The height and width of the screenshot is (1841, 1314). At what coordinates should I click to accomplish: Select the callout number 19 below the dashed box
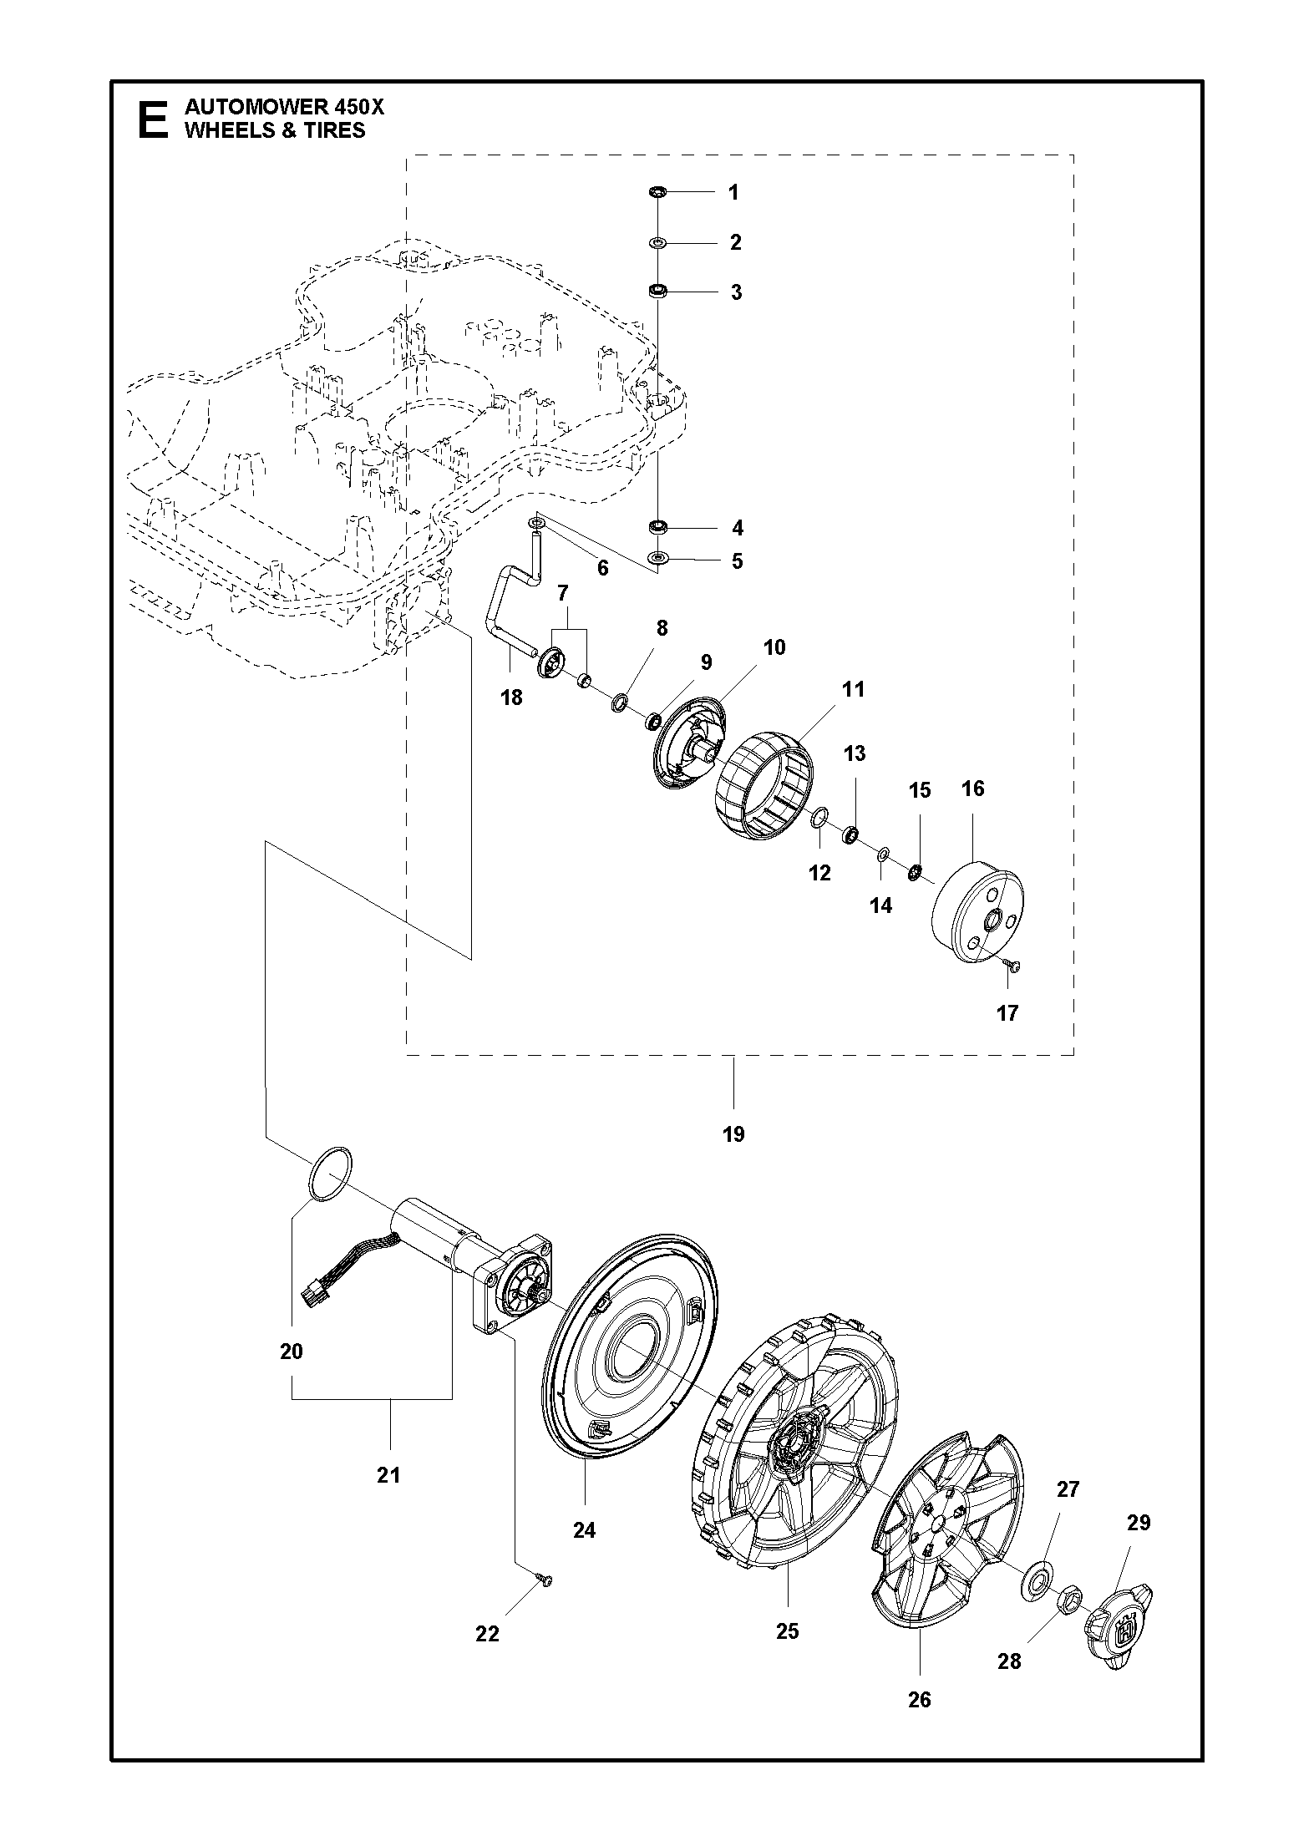[x=733, y=1134]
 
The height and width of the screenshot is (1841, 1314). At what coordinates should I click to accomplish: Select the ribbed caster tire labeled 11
[x=765, y=785]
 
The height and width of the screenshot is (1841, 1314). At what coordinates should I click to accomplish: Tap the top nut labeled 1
[x=657, y=192]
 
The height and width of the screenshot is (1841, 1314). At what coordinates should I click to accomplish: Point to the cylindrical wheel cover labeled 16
[x=978, y=913]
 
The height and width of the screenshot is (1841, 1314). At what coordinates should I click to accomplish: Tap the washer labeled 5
[x=658, y=557]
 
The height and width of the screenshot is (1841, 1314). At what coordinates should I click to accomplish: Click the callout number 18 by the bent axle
[x=511, y=696]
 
